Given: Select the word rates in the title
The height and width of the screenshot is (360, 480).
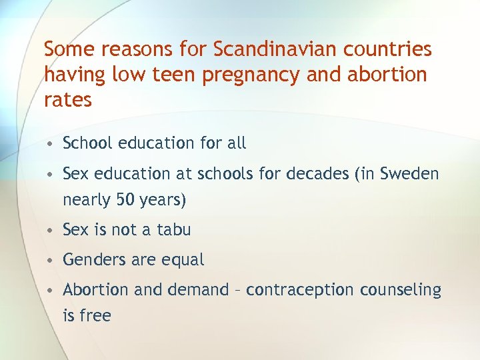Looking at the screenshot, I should pos(67,100).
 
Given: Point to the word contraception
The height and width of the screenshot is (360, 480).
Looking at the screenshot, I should pos(302,290).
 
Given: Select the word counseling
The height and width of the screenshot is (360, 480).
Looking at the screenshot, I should pos(401,290).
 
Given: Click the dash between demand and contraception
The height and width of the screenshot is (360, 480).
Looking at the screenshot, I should pos(239,291).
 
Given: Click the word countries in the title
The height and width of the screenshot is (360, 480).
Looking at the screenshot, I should pos(393,49).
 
